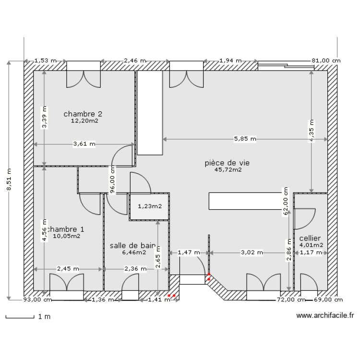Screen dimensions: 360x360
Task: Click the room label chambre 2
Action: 83,114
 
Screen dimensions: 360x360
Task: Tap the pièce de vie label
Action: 227,163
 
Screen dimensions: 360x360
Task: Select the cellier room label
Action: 310,238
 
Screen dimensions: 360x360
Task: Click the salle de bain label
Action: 132,245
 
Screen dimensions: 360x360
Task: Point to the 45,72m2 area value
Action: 228,170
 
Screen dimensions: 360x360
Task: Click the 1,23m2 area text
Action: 150,206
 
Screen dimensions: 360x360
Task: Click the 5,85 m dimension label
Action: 245,139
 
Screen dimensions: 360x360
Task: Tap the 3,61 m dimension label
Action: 84,144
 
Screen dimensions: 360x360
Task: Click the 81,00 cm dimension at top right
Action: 326,60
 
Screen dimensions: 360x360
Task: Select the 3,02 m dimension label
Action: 252,252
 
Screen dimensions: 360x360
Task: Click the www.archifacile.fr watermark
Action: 324,316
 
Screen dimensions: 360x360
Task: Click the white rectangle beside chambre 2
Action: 149,113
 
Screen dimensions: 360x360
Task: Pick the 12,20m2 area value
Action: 84,121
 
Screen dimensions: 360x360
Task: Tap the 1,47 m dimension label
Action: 188,252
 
